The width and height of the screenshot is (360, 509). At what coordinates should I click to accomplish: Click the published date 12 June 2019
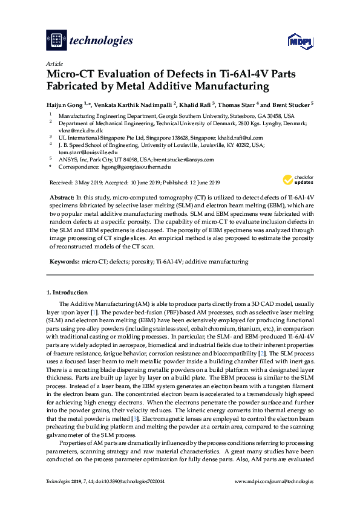pos(199,183)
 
